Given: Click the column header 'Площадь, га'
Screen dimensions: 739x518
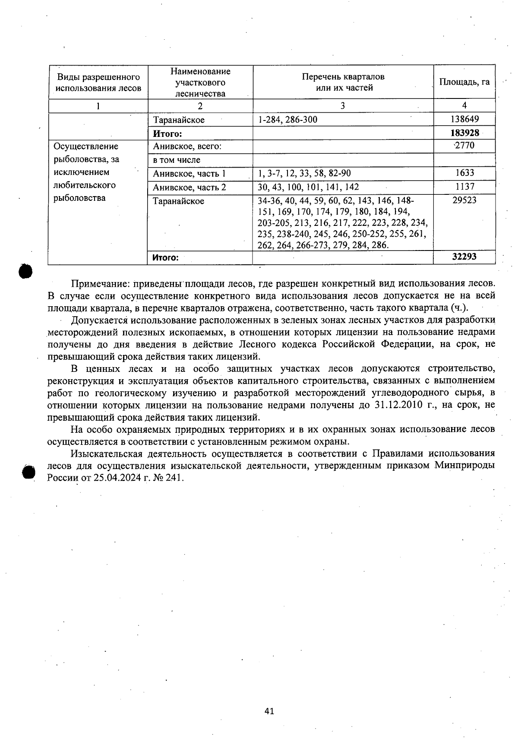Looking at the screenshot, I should click(464, 82).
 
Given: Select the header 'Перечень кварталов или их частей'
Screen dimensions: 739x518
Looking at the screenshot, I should click(343, 82).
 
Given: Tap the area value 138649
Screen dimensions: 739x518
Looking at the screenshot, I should click(464, 119).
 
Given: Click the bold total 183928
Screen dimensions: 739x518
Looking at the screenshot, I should click(464, 133).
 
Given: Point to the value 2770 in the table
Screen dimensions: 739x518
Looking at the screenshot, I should click(464, 146).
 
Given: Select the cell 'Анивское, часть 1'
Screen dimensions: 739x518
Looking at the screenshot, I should click(190, 174).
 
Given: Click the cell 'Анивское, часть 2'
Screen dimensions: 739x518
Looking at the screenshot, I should click(190, 187).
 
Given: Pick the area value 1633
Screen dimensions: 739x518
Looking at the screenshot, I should click(464, 173).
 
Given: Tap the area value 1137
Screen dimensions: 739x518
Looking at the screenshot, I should click(464, 187).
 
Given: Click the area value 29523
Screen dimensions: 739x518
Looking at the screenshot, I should click(464, 200).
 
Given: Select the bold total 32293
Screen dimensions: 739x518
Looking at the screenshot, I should click(464, 257).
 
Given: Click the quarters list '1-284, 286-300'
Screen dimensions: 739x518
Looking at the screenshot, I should click(287, 120).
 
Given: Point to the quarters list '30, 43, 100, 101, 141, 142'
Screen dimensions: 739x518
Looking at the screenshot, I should click(308, 187).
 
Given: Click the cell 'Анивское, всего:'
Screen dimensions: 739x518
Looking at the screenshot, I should click(187, 146).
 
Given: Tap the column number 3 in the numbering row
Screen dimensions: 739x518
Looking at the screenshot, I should click(343, 106).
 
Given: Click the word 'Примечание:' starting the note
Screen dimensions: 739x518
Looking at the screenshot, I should click(100, 284).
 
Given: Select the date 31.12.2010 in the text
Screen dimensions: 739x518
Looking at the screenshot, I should click(393, 405).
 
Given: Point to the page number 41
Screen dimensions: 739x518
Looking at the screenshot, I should click(269, 711).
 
